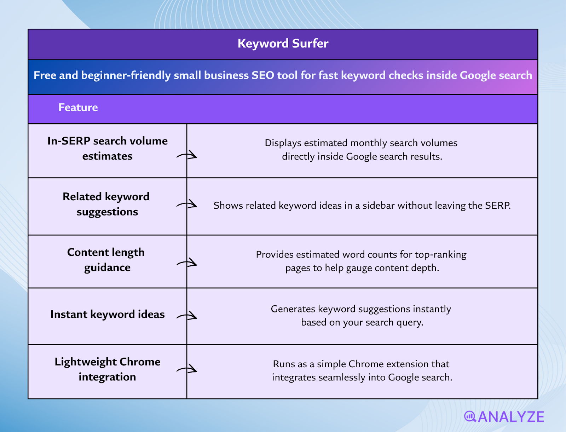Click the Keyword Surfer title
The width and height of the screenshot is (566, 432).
click(283, 44)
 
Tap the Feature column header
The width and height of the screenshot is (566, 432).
click(78, 107)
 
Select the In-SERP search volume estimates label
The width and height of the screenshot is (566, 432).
click(107, 148)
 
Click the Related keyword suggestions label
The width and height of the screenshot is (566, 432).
click(106, 204)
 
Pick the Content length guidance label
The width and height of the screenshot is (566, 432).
click(106, 260)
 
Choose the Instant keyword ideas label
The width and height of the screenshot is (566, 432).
click(107, 314)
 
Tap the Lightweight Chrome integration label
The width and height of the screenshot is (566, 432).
click(107, 369)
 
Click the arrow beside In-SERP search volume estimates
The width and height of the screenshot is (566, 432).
click(187, 155)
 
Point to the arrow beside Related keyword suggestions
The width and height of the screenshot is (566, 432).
click(187, 205)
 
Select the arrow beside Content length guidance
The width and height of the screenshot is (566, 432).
click(187, 263)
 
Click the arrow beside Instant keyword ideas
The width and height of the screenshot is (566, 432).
click(187, 316)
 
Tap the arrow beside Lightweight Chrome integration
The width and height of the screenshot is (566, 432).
click(187, 369)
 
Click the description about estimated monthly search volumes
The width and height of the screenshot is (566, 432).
click(362, 149)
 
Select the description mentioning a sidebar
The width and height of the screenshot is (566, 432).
click(362, 206)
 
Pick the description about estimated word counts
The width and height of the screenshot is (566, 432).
click(362, 261)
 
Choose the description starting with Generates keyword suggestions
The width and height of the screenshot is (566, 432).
click(362, 315)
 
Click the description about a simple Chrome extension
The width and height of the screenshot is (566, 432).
click(362, 370)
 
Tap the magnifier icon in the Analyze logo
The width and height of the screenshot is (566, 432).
click(470, 416)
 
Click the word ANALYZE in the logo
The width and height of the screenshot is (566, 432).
click(511, 417)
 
